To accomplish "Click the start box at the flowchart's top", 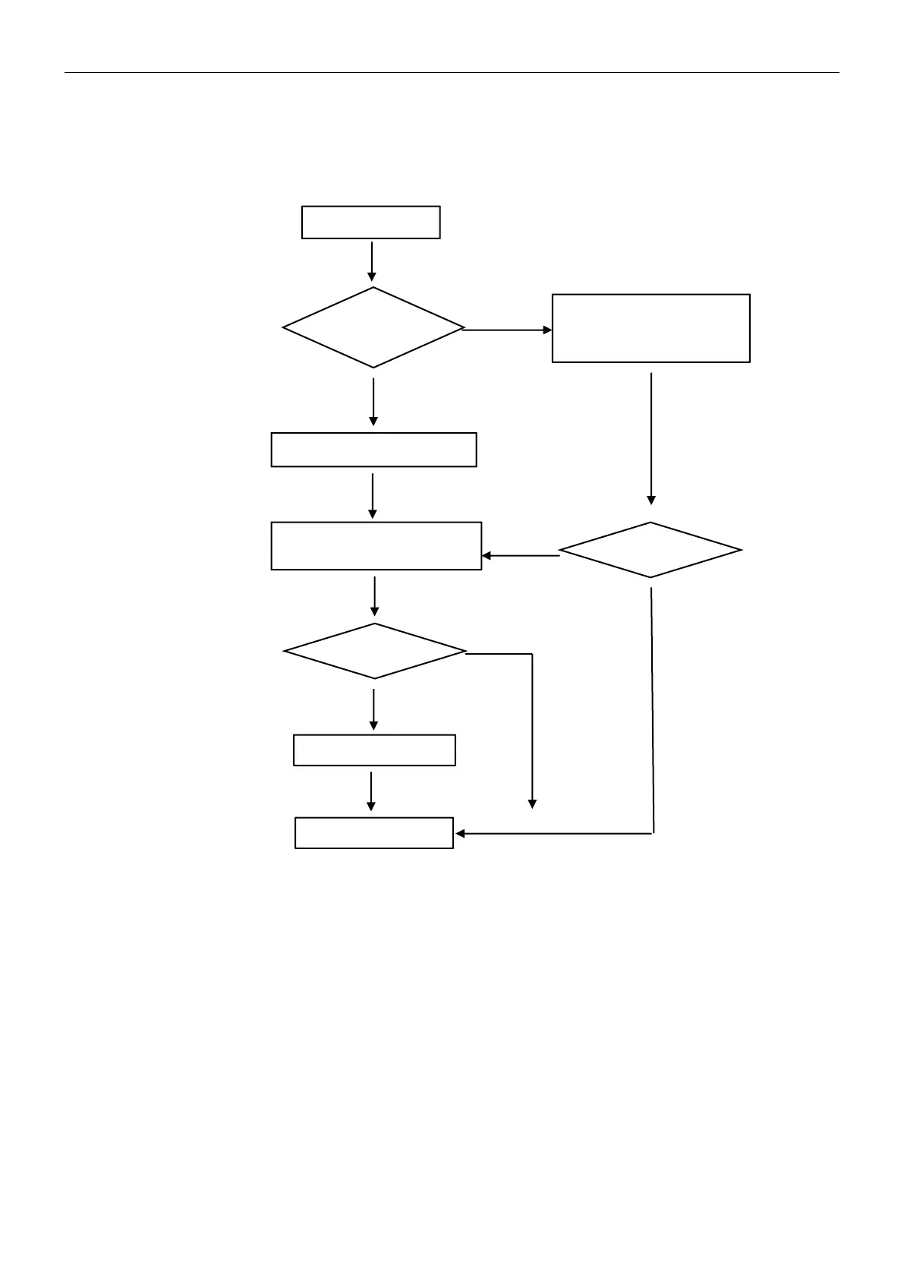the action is pos(370,222).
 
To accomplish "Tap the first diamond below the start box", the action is pos(373,327).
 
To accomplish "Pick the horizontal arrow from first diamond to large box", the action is pos(507,330).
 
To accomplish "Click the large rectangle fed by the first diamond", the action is pos(650,328).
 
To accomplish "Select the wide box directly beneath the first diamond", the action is pos(373,450).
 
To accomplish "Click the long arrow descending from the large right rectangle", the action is pos(650,437).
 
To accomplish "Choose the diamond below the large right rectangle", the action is pos(650,550).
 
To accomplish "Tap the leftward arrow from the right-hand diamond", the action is pos(521,556).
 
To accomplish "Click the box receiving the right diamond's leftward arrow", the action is pos(376,545).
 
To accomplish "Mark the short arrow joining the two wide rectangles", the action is pos(373,495).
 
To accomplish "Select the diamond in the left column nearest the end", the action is pos(374,651).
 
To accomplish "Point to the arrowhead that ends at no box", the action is pos(532,804).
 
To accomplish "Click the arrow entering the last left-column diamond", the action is pos(374,595).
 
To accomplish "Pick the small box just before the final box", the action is pos(374,750).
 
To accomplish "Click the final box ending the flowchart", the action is pos(373,832).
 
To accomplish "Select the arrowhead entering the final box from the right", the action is pos(460,833).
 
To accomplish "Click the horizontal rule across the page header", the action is pos(452,73).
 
